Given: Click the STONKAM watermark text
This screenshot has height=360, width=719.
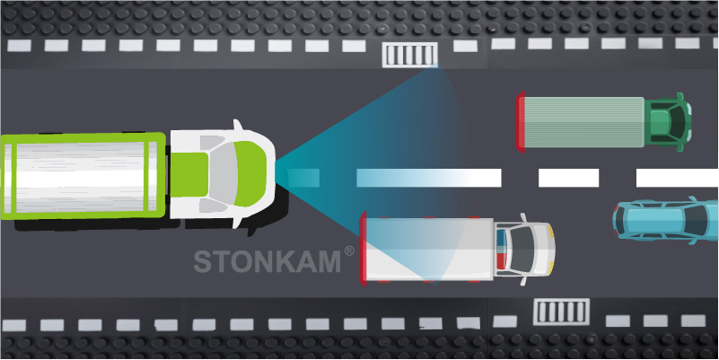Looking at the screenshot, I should click(x=267, y=260).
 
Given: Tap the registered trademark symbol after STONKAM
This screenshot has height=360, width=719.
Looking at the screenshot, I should click(x=348, y=252).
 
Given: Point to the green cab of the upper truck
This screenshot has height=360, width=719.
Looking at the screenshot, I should click(x=670, y=119).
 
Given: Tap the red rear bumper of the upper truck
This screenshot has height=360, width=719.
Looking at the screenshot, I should click(x=521, y=119).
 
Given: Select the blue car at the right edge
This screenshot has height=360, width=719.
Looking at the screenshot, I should click(x=664, y=221).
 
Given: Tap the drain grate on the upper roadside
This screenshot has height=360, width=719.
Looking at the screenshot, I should click(x=410, y=55).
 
